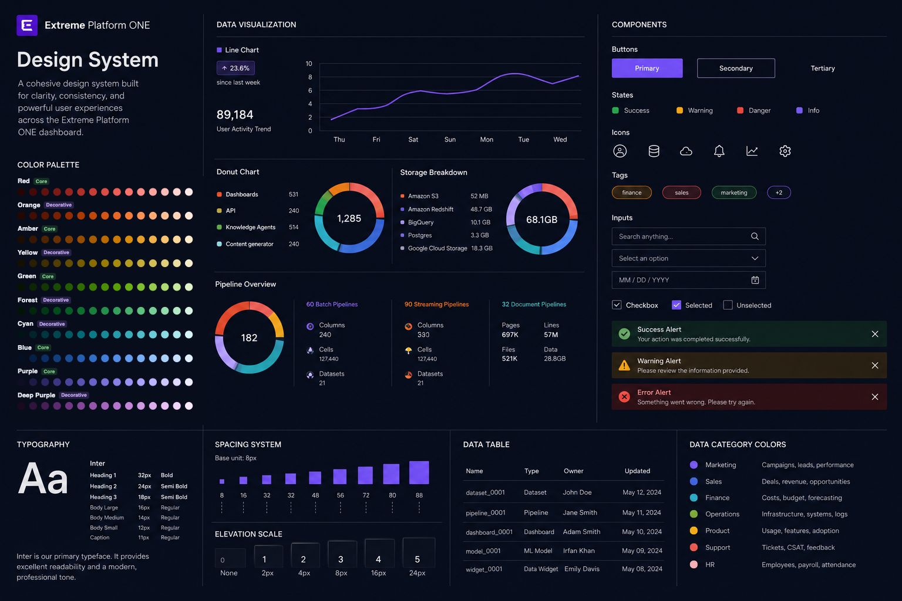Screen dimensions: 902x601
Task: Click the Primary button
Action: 647,68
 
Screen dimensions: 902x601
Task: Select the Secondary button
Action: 736,68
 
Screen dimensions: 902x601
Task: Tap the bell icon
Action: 719,151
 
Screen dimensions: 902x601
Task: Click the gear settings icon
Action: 785,151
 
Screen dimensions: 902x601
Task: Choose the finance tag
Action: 631,193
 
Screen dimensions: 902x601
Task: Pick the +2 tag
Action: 779,193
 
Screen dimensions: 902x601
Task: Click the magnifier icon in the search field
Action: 755,237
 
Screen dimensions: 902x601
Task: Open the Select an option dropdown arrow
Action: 755,258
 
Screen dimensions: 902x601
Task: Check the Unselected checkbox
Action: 728,305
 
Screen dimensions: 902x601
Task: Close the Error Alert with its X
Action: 874,397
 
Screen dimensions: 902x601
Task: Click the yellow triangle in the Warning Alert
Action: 624,365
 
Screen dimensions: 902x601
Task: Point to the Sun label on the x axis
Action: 450,139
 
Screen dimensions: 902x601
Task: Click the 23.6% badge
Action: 235,68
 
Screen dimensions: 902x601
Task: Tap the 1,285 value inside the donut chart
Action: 349,218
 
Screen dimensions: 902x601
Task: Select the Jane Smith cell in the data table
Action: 580,512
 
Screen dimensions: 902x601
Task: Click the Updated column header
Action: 637,471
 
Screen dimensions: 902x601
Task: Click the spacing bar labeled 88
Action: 419,472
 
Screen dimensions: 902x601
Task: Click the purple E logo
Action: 27,25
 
